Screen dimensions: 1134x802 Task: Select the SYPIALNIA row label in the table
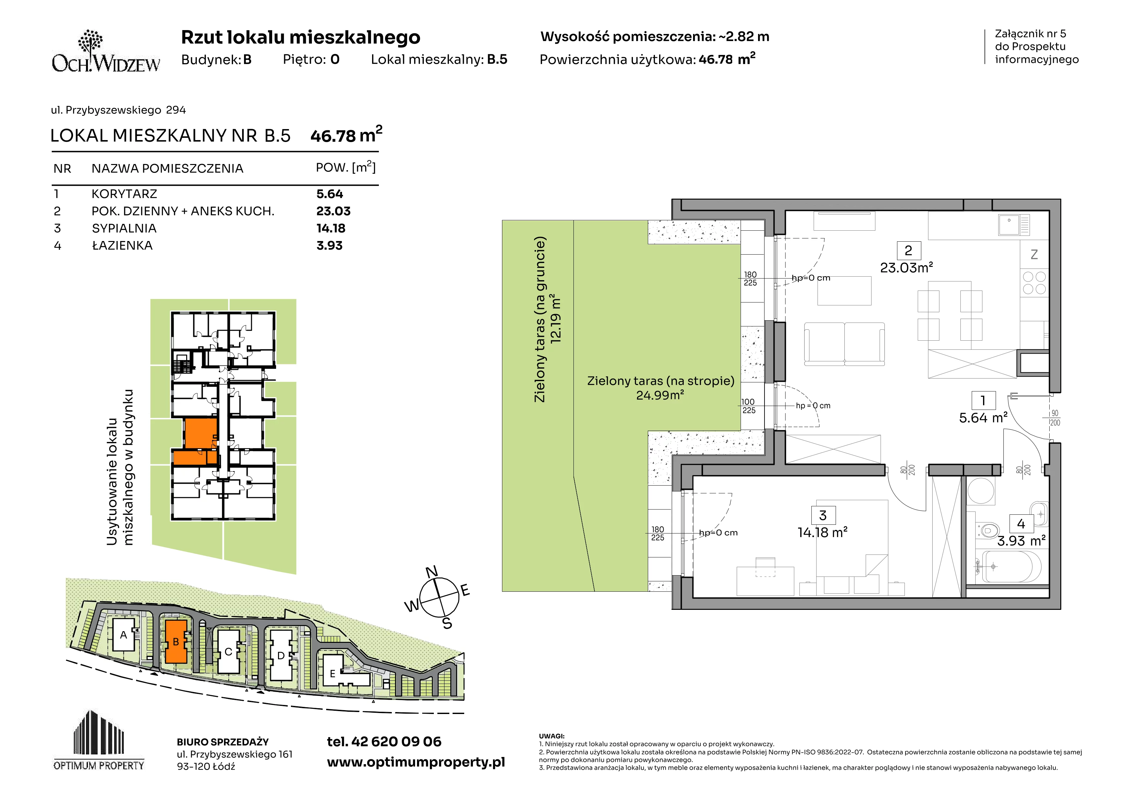coord(124,228)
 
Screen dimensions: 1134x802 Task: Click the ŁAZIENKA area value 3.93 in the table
coord(329,246)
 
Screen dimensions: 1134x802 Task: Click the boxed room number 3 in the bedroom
coord(822,515)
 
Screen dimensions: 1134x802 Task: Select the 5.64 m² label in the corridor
coord(983,418)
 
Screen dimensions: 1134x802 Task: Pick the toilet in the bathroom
coord(988,531)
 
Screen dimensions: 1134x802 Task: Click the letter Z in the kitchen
coord(1034,255)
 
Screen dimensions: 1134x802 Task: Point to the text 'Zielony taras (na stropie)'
coord(660,381)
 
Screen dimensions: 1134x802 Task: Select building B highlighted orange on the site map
coord(176,642)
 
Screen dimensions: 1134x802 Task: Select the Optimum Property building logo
coord(99,740)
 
